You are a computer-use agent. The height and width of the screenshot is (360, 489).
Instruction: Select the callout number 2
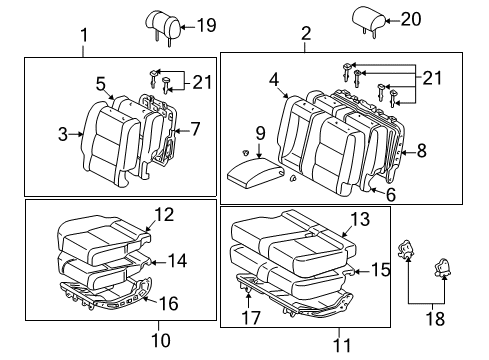(x=305, y=34)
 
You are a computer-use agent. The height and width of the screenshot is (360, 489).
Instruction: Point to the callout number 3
(x=62, y=132)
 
